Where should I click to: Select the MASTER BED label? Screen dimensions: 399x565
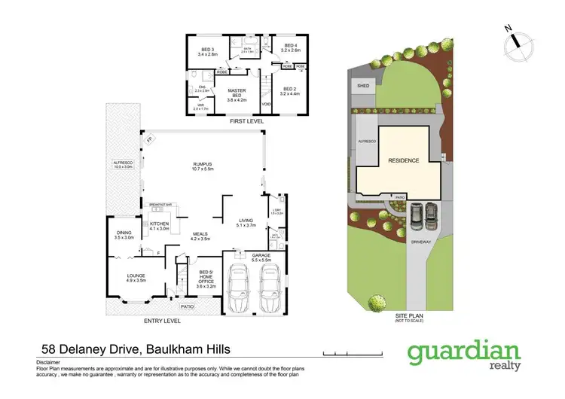(237, 93)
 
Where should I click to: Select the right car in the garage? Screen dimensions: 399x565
(271, 291)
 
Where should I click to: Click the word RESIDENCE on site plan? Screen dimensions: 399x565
(404, 161)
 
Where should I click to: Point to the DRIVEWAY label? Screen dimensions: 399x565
(420, 242)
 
